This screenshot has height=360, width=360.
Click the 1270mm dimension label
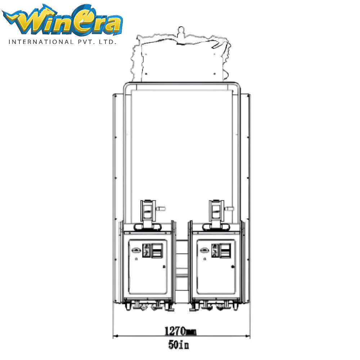point(180,331)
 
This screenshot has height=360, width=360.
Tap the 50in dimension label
point(179,345)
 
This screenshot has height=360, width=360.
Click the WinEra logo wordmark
point(62,20)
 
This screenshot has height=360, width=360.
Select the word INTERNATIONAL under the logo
point(41,42)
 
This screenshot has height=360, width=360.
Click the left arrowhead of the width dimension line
point(116,336)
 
